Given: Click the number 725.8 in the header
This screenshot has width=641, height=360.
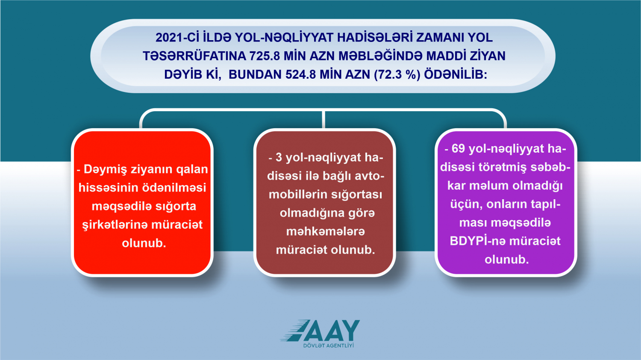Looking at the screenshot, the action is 265,56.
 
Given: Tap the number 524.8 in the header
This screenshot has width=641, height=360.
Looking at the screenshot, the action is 301,74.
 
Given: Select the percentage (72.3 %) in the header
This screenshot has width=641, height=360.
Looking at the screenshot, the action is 397,75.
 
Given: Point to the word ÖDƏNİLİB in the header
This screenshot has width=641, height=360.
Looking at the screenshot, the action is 455,74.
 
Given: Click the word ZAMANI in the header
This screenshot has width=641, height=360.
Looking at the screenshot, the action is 440,38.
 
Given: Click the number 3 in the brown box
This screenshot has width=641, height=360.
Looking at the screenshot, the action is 279,158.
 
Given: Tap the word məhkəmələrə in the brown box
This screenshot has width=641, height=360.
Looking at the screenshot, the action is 326,231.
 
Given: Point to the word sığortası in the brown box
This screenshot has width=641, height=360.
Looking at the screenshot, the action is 356,195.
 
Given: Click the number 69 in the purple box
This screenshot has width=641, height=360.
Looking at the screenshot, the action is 458,149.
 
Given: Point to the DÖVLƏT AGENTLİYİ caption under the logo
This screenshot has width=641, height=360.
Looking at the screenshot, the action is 328,345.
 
